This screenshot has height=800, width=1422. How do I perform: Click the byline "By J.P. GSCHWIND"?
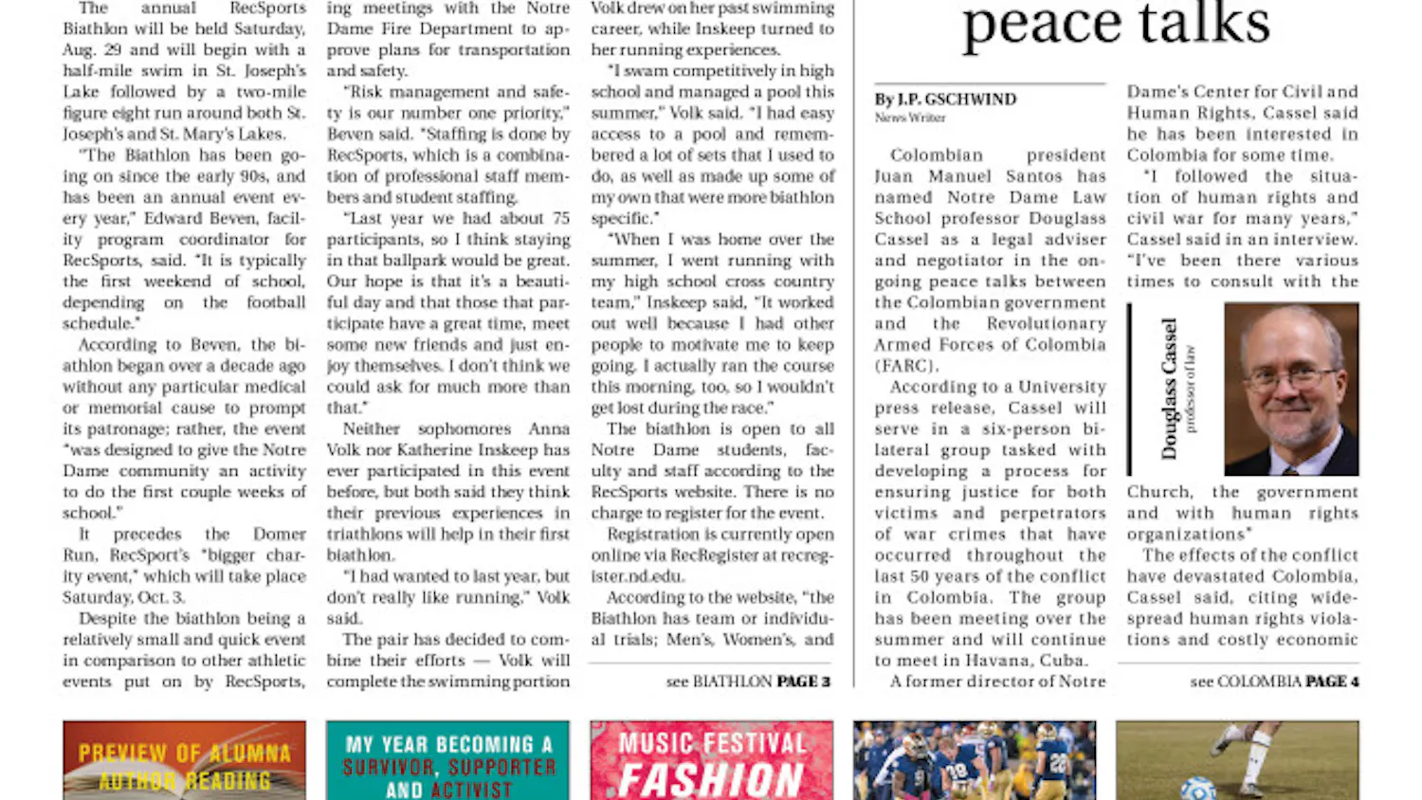944,100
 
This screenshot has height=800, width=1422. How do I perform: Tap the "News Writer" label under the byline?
909,118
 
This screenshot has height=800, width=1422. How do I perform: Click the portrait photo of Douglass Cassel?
1290,389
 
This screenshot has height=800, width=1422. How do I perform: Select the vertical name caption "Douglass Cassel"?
1169,389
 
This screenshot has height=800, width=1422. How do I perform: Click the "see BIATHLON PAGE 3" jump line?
747,682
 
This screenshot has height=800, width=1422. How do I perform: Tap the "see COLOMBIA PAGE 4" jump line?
1273,682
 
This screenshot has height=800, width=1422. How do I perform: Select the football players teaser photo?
975,760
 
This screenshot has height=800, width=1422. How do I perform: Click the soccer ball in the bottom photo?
1198,788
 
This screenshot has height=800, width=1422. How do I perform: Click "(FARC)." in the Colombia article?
906,366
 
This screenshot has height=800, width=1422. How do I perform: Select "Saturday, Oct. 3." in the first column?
123,597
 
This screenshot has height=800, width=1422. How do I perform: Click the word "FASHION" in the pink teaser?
710,780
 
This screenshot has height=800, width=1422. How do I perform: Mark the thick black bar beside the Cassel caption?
1129,389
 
